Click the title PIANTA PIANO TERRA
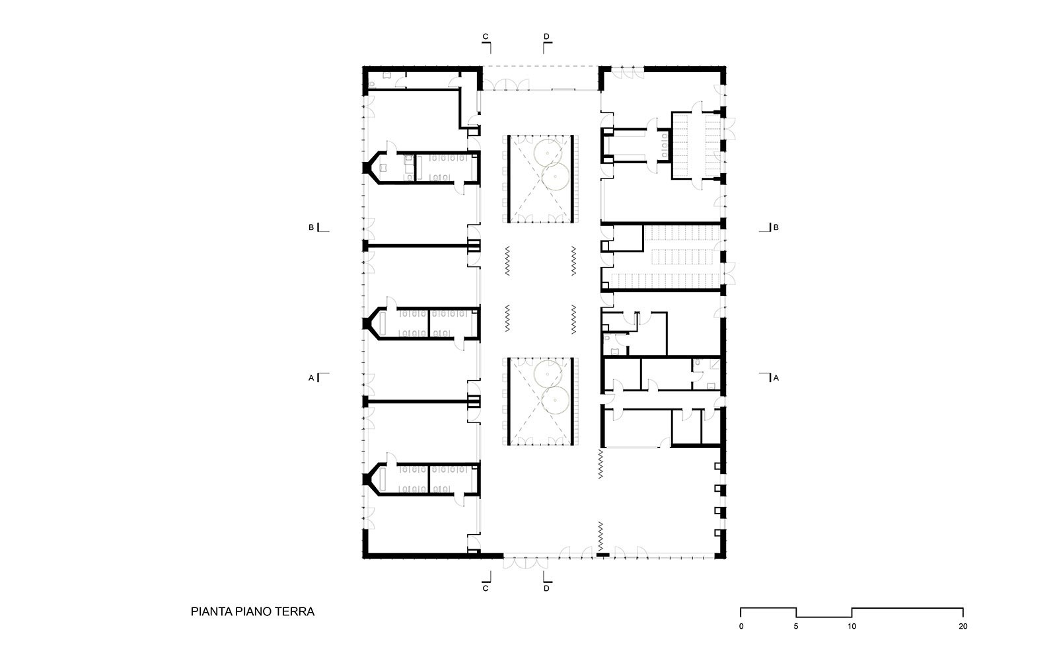[252, 611]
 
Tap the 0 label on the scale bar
[741, 627]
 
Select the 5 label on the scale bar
[796, 627]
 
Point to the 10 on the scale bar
[852, 627]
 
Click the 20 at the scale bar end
[963, 627]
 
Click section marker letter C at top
[485, 36]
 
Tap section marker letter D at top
[546, 36]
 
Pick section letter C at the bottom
[485, 588]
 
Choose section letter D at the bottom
[546, 588]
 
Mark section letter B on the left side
[311, 227]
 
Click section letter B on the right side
[776, 227]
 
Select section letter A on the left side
[311, 377]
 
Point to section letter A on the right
[776, 377]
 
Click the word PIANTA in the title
[211, 611]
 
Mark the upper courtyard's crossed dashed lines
[540, 179]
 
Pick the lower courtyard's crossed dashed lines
[540, 401]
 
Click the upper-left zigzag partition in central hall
[507, 260]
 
